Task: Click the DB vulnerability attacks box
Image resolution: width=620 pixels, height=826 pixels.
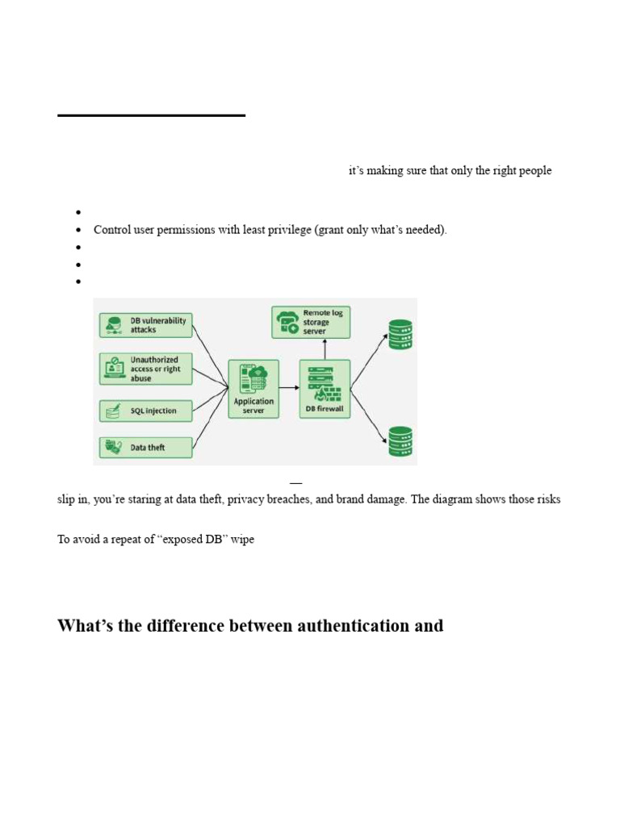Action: click(145, 325)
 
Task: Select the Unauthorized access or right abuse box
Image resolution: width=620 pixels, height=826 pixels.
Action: click(145, 369)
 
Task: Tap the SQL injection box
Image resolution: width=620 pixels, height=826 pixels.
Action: click(145, 411)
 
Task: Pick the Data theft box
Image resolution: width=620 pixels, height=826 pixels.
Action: click(145, 448)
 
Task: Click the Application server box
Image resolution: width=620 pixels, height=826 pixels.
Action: click(253, 390)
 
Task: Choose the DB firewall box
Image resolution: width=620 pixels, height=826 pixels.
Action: click(325, 390)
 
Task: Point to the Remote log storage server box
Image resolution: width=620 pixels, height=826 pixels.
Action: click(311, 322)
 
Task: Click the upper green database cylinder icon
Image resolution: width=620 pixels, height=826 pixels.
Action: click(400, 335)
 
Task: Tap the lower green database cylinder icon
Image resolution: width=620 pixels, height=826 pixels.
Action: click(400, 441)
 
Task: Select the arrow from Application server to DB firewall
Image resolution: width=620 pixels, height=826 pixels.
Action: click(290, 388)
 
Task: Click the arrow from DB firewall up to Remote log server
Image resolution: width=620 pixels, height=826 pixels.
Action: click(325, 349)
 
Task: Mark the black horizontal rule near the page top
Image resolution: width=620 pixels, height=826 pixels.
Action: click(151, 115)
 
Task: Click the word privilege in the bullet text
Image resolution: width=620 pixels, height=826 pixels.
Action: click(289, 230)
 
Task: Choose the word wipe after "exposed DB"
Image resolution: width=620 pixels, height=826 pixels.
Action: click(242, 540)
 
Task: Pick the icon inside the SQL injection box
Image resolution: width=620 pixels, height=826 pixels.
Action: click(113, 411)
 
